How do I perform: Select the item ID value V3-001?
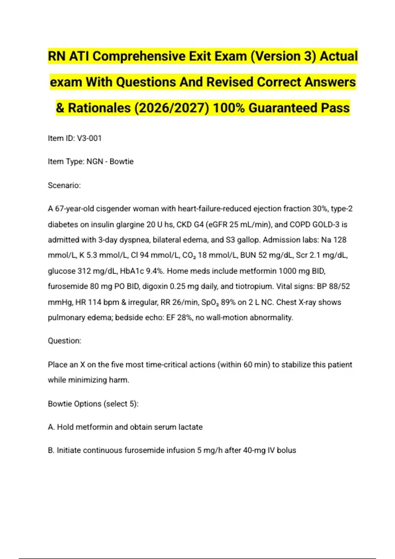[x=89, y=138]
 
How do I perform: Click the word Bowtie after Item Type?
[x=121, y=162]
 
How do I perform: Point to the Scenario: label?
[x=64, y=185]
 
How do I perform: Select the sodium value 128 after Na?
[x=340, y=240]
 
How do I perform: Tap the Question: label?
[x=65, y=341]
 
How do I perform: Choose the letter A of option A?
[x=51, y=427]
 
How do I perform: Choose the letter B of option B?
[x=51, y=450]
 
